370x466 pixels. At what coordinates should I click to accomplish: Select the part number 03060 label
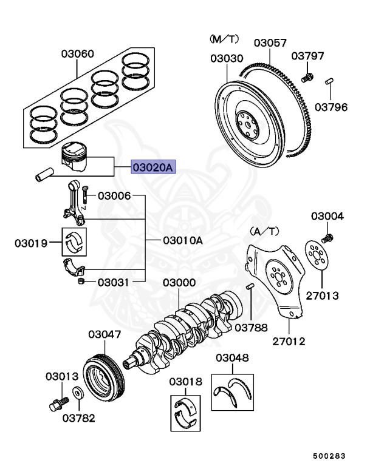click(x=77, y=54)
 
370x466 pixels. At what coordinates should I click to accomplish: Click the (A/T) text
click(x=264, y=231)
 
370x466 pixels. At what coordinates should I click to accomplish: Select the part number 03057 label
click(x=270, y=43)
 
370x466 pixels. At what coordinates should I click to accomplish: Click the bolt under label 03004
click(x=328, y=237)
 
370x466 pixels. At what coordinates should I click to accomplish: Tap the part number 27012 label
click(x=289, y=342)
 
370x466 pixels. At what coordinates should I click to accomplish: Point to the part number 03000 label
click(x=179, y=283)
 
